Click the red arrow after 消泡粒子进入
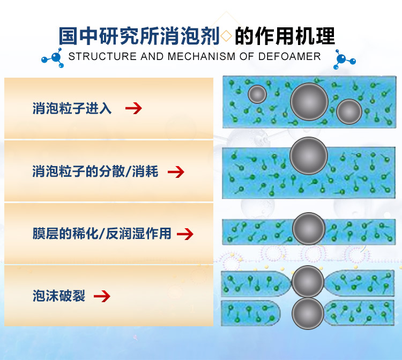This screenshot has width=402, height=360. pos(133,108)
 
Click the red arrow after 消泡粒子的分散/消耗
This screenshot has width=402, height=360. pos(176,172)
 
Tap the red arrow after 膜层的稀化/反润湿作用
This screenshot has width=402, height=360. pos(184,234)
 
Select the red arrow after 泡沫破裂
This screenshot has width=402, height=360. pos(102,296)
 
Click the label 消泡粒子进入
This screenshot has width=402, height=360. pos(72,108)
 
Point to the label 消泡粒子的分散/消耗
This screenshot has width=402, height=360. pos(95,172)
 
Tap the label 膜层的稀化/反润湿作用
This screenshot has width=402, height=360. pos(101,234)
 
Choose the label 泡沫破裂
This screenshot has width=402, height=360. pos(59,296)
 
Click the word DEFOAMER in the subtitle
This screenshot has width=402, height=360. pos(293,56)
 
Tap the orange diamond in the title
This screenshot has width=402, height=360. pos(227,36)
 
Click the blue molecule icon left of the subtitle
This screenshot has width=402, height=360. pos(52,58)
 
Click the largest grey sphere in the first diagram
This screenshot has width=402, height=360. pos(309,101)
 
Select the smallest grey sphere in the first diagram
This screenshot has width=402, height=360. pos(257,94)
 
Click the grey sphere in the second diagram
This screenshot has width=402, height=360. pos(308,156)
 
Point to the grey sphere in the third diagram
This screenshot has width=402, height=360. pos(309,229)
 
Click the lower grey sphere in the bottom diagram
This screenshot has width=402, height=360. pos(308,313)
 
